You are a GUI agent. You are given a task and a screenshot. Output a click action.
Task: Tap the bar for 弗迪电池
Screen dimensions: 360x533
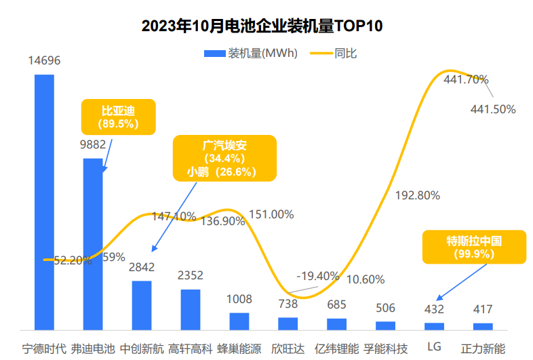point(93,244)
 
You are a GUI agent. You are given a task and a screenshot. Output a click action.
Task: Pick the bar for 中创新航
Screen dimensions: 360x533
point(142,305)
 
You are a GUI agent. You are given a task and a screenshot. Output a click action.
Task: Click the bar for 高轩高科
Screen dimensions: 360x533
point(191,309)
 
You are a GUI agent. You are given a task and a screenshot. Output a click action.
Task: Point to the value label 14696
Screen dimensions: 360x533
point(45,61)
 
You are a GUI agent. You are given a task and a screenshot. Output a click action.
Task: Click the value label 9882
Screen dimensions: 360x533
point(94,144)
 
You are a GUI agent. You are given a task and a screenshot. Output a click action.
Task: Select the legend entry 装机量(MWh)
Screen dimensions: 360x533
point(253,54)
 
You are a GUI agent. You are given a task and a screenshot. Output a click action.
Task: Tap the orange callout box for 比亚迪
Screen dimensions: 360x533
point(118,117)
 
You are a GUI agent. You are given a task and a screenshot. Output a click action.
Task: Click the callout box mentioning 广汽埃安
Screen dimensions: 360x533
point(224,158)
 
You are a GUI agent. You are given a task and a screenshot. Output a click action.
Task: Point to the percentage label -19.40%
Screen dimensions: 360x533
point(318,276)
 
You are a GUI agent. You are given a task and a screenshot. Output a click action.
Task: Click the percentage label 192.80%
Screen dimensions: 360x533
point(418,195)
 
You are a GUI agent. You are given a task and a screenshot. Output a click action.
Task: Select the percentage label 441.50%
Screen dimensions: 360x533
point(493,108)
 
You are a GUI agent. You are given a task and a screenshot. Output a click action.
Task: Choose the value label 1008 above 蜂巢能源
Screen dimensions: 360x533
point(239,299)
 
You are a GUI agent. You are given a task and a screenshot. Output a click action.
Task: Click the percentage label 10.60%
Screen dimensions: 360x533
point(366,279)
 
